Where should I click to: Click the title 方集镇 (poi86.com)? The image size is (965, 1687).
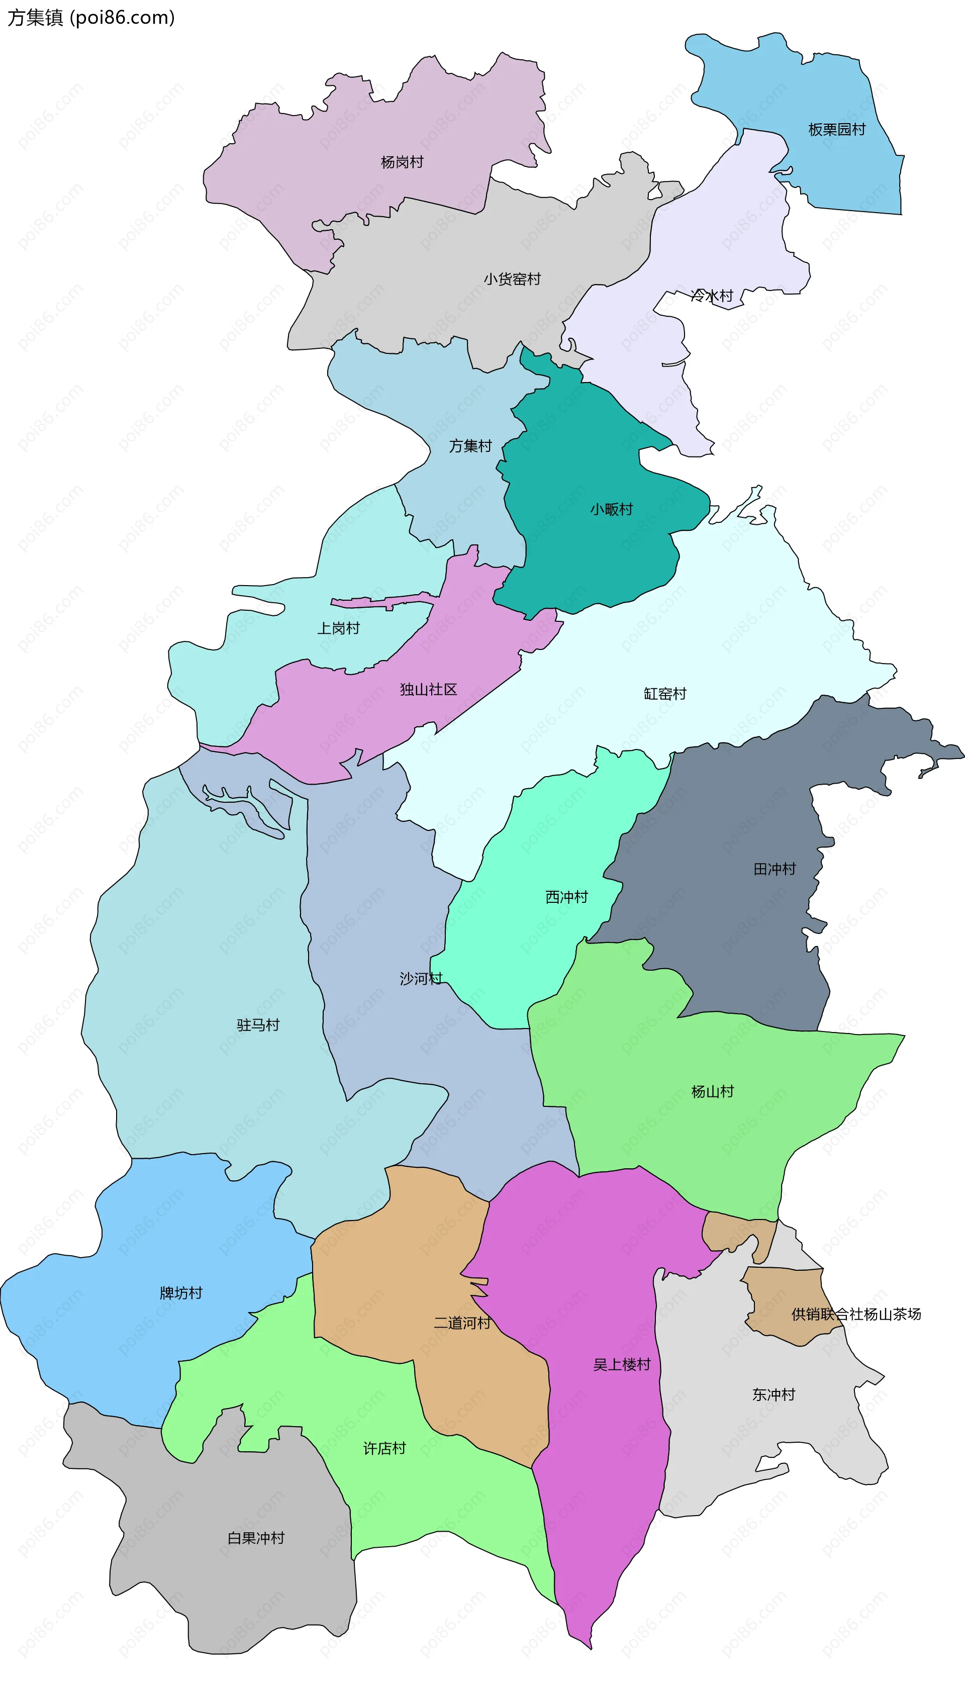click(x=91, y=17)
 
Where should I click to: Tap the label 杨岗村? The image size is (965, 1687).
click(x=402, y=162)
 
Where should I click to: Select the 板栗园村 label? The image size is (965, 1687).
click(x=836, y=129)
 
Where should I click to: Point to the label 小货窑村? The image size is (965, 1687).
click(x=512, y=279)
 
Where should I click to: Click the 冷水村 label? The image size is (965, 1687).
click(x=712, y=296)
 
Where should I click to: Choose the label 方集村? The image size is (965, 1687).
click(x=470, y=446)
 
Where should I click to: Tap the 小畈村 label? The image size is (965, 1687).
click(x=611, y=509)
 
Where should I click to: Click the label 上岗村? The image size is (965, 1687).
click(x=338, y=628)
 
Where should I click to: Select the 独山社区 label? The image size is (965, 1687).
click(x=428, y=689)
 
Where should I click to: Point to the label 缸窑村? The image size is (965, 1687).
click(x=665, y=693)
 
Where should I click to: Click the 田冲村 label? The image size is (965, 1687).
click(x=774, y=868)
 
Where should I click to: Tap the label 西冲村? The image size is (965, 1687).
click(x=566, y=897)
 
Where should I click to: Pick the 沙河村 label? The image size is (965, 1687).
click(x=421, y=978)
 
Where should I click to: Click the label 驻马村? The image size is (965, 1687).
click(x=258, y=1025)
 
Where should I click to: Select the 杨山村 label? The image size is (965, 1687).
click(x=713, y=1091)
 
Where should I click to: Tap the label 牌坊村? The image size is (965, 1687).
click(x=181, y=1292)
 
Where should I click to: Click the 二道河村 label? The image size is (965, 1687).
click(x=462, y=1323)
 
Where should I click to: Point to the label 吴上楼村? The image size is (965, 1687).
click(x=622, y=1364)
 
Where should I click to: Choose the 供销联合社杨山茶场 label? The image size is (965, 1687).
click(x=855, y=1314)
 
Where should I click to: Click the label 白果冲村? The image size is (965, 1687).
click(x=256, y=1538)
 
